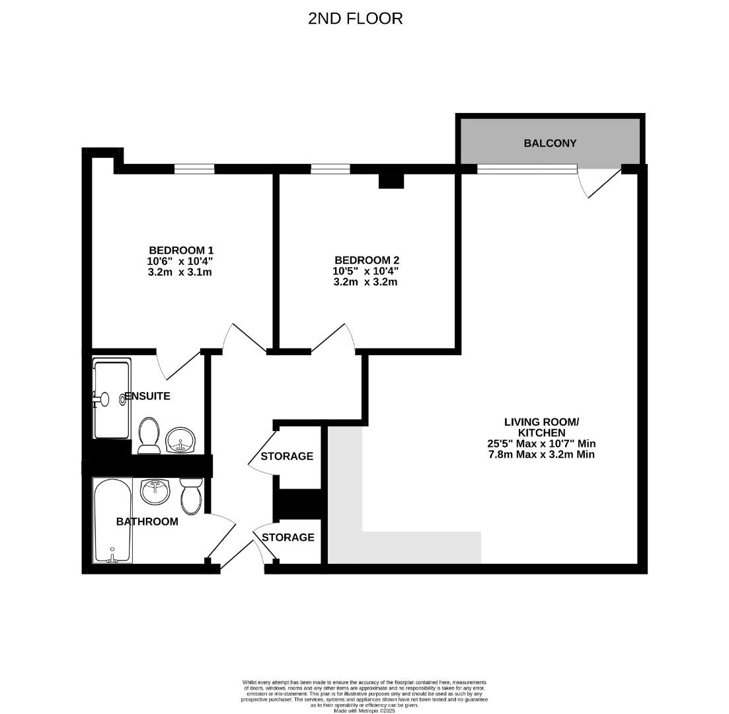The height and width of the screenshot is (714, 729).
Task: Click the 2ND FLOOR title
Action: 355,19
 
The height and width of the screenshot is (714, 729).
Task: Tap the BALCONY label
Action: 550,143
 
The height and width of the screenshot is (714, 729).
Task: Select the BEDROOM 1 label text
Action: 181,251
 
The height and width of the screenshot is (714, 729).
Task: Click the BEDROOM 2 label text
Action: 366,260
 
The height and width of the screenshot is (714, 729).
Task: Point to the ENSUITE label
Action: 148,396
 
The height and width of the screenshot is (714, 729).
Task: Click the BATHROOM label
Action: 147,522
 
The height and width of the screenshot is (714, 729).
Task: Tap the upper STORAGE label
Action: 287,456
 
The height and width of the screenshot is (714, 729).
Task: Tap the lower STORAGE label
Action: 288,537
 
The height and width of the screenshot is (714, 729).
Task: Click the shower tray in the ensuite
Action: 112,399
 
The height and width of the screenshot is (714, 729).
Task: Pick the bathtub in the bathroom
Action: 112,520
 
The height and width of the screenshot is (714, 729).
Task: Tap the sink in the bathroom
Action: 155,490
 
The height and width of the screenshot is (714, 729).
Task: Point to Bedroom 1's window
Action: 194,169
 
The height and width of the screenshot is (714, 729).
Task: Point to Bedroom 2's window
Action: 330,169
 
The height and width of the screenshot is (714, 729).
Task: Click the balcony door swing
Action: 600,184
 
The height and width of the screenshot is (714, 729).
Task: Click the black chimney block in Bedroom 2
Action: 391,180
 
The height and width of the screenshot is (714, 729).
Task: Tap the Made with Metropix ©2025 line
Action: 365,710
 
